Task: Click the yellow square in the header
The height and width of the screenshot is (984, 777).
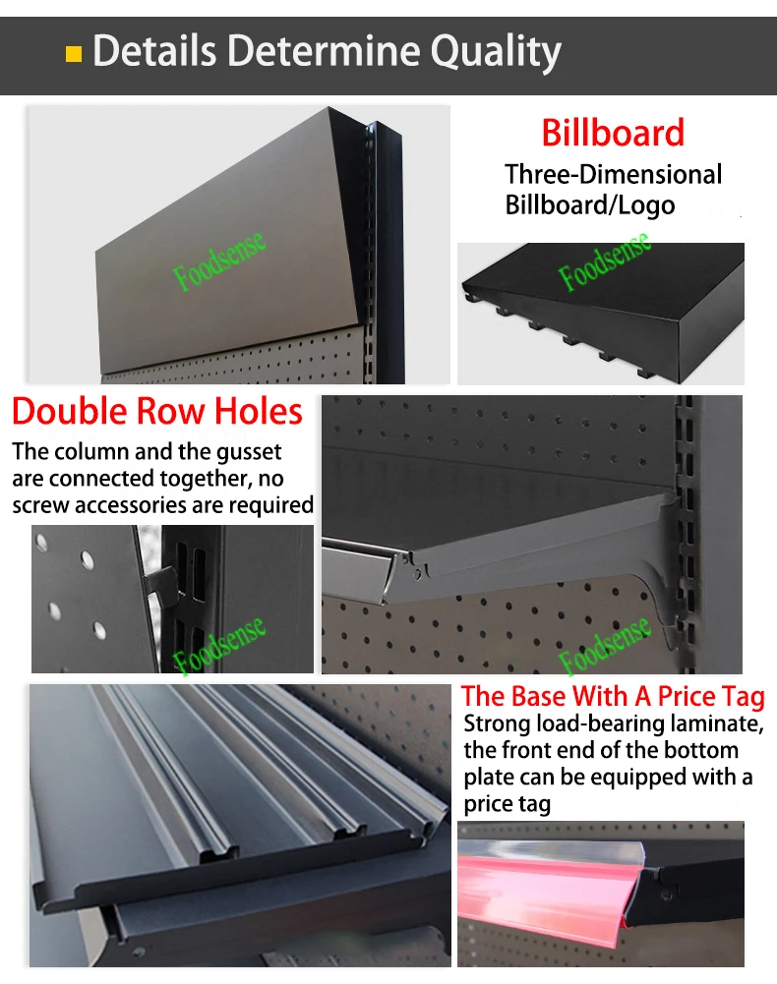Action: (x=74, y=54)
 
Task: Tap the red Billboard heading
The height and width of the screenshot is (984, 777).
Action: (x=613, y=133)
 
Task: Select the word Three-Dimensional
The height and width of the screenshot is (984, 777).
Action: (x=613, y=174)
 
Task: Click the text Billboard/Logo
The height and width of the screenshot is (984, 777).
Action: (x=590, y=205)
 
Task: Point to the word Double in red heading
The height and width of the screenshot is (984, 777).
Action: (x=70, y=412)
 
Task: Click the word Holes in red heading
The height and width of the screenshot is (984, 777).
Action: (x=258, y=412)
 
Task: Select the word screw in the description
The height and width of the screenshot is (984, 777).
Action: (x=41, y=506)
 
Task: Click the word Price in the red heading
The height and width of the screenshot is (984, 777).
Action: (x=687, y=697)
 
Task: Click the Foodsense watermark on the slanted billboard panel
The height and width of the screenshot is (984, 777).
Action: (x=218, y=261)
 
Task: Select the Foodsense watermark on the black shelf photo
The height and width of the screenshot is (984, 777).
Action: (x=604, y=261)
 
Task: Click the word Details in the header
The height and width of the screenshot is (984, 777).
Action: (x=154, y=50)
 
